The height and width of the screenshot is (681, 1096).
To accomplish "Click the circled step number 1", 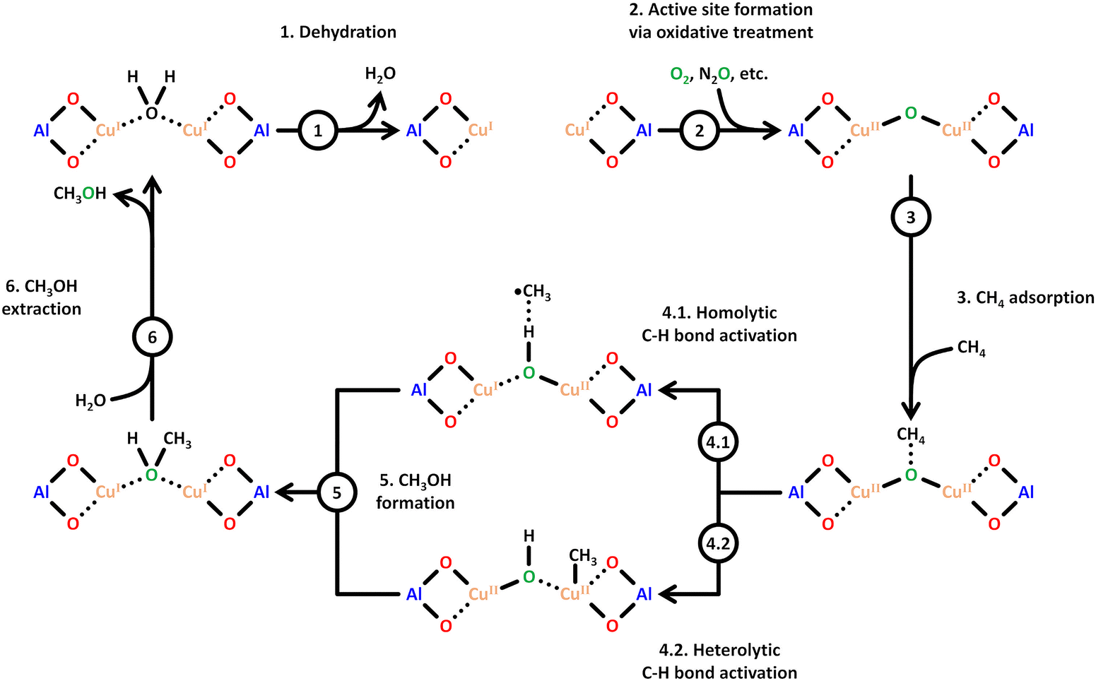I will click(x=318, y=131).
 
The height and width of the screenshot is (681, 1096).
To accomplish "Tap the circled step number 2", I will click(x=700, y=131).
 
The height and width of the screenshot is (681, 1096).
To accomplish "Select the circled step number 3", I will click(x=910, y=218).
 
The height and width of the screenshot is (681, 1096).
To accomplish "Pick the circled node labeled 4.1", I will click(x=719, y=442).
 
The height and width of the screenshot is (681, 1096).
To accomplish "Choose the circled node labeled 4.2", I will click(x=719, y=543).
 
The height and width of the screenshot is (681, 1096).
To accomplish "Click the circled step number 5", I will click(x=336, y=492).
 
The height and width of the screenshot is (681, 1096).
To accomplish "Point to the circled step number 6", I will click(x=152, y=338).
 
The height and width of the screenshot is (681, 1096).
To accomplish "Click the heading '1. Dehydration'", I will click(x=338, y=32).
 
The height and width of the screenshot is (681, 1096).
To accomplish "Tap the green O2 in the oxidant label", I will click(x=679, y=75).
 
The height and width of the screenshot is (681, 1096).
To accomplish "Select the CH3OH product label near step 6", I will click(x=80, y=194).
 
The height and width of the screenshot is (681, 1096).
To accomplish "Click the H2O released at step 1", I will click(x=380, y=74).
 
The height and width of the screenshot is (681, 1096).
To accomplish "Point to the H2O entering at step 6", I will click(x=90, y=401).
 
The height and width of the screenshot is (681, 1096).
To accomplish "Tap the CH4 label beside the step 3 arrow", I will click(x=971, y=348).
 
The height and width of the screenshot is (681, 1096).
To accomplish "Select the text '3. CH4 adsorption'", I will click(x=1025, y=298).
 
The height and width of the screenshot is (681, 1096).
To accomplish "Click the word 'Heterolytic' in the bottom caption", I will click(x=737, y=650).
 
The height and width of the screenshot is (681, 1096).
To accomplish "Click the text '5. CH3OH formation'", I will click(x=416, y=492).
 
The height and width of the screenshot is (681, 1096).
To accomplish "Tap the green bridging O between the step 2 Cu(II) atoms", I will click(x=910, y=113).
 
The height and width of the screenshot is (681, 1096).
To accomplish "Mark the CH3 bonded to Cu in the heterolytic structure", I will click(x=582, y=557).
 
